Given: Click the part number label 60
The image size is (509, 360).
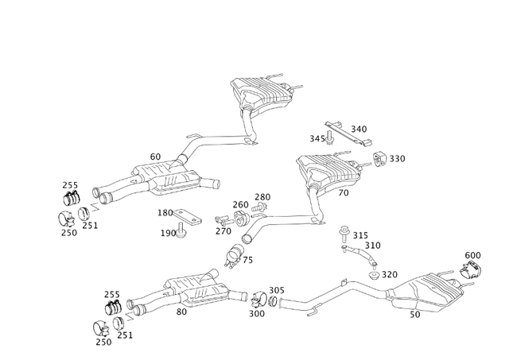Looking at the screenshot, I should click(155, 157).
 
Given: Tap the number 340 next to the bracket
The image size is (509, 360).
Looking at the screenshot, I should click(359, 129).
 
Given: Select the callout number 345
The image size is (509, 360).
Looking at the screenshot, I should click(317, 139).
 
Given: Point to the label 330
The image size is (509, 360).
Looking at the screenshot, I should click(397, 159).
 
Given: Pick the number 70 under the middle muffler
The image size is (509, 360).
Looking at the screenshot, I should click(344, 192).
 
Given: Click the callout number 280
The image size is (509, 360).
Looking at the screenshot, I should click(262, 197).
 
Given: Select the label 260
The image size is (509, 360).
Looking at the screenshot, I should click(241, 204).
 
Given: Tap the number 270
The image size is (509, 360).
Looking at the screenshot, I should click(224, 231).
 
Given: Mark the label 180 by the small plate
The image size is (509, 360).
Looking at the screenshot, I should click(165, 213).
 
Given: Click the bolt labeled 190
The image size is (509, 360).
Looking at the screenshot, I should click(182, 230).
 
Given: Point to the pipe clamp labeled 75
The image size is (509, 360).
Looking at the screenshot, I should click(235, 255).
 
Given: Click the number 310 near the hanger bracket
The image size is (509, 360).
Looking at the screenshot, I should click(372, 246).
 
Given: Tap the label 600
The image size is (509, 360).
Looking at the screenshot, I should click(472, 255).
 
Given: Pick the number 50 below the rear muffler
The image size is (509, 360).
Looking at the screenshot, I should click(415, 315).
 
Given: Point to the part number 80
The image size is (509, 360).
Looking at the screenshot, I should click(181, 312).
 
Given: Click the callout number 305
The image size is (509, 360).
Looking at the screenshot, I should click(276, 290).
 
